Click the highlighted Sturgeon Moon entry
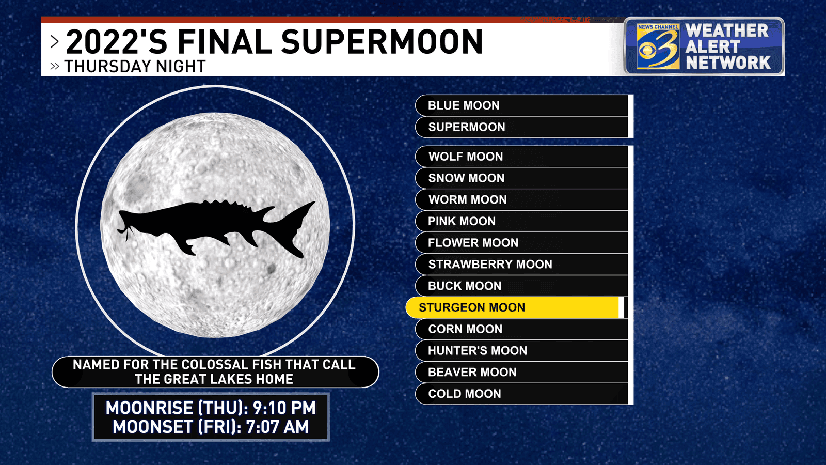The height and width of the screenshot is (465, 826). point(515,307)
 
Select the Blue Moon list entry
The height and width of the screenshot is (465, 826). point(522,105)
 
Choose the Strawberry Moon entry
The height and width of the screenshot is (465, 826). point(522,264)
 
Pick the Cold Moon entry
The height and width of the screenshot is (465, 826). point(522,394)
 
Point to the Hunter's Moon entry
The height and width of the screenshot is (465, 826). point(522,351)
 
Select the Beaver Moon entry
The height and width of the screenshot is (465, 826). point(522,372)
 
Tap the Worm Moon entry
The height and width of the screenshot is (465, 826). point(522,199)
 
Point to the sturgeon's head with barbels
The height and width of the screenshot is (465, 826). point(135,222)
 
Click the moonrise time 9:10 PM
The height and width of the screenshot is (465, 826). point(284,408)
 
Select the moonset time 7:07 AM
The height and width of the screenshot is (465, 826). point(277,427)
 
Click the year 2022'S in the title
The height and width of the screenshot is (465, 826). point(117,42)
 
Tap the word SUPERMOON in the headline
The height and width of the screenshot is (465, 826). point(382,42)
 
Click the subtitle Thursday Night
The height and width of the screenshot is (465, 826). point(135,67)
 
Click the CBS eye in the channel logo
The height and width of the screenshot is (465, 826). point(648,50)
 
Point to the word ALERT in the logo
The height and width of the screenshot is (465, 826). point(712,47)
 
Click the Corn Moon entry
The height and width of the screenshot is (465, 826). point(522,329)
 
